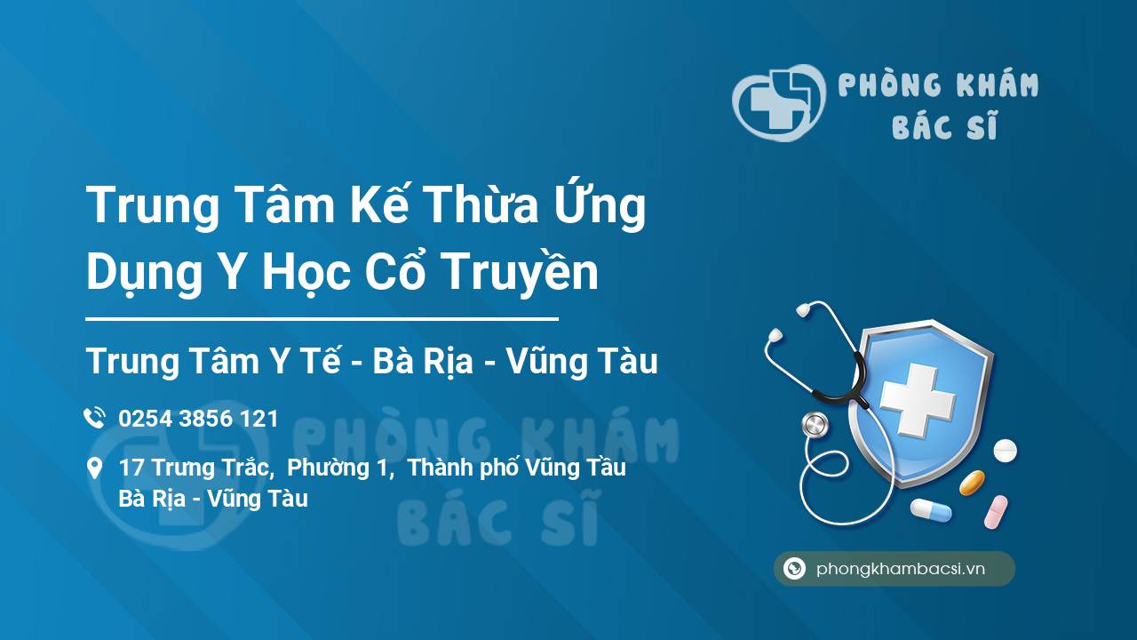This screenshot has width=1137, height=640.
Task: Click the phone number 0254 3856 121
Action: click(x=198, y=419)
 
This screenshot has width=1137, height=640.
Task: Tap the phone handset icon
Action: click(x=94, y=418)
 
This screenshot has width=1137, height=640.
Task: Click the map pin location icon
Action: click(x=94, y=468)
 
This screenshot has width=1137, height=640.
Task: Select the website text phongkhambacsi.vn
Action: click(x=901, y=568)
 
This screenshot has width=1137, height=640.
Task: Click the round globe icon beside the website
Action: click(x=794, y=568)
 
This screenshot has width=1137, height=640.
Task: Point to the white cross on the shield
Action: click(x=918, y=400)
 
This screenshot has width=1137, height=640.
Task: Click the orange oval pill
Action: click(x=972, y=483)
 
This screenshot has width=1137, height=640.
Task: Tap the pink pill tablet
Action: click(x=996, y=512)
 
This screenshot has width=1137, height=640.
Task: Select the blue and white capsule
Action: click(x=931, y=510)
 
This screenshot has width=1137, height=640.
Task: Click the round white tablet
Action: click(x=1005, y=451)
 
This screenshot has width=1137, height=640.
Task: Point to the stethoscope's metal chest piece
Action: click(x=815, y=425)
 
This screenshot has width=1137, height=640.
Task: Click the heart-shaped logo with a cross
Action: click(x=778, y=102)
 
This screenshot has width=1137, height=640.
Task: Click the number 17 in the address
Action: click(x=131, y=468)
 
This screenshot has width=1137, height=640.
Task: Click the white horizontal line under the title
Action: click(x=322, y=319)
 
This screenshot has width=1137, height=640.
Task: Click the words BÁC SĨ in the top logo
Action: click(x=944, y=125)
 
